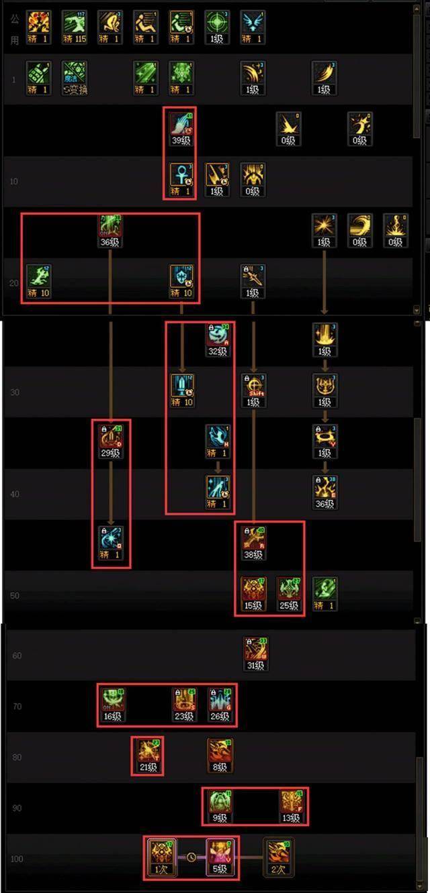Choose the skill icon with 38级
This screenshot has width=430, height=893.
click(x=253, y=539)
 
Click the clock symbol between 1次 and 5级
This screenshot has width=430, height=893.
click(x=191, y=857)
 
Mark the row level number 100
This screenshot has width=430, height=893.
click(x=16, y=859)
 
